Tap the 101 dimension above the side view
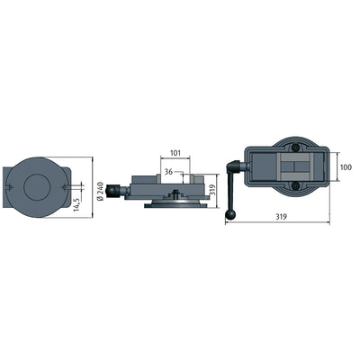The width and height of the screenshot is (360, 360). coord(175,152)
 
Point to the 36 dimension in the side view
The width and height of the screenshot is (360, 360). coord(168,170)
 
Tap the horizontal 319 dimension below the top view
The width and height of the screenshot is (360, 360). coord(283,217)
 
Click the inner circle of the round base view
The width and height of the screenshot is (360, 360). coord(37,187)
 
